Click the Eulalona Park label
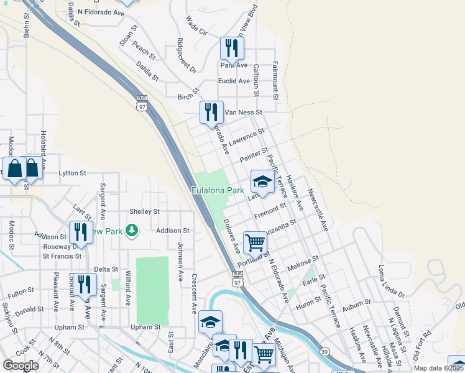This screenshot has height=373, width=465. [x=217, y=190]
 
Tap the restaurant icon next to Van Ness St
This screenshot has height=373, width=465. [x=211, y=112]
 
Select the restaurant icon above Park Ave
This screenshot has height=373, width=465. [x=232, y=47]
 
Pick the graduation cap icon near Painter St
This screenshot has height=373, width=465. [x=262, y=182]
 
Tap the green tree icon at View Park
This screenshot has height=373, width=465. [x=131, y=231]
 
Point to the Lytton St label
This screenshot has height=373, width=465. [x=71, y=173]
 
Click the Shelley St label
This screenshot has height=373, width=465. [x=144, y=211]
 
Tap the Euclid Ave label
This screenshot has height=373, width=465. [x=234, y=81]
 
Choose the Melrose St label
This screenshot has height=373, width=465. [x=303, y=262]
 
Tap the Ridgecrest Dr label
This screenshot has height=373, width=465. [x=186, y=55]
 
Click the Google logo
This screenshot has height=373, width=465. [x=21, y=366]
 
